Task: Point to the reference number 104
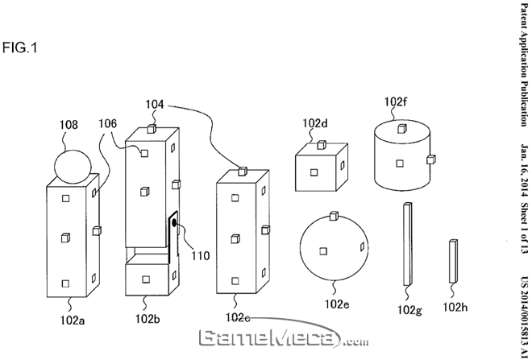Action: pos(156,104)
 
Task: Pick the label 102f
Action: pos(396,101)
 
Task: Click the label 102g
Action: pos(409,309)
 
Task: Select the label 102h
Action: pos(456,308)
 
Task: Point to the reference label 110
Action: pos(200,256)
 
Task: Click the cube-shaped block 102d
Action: pos(321,168)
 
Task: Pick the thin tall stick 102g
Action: pos(406,245)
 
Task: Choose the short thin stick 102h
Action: pos(453,259)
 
